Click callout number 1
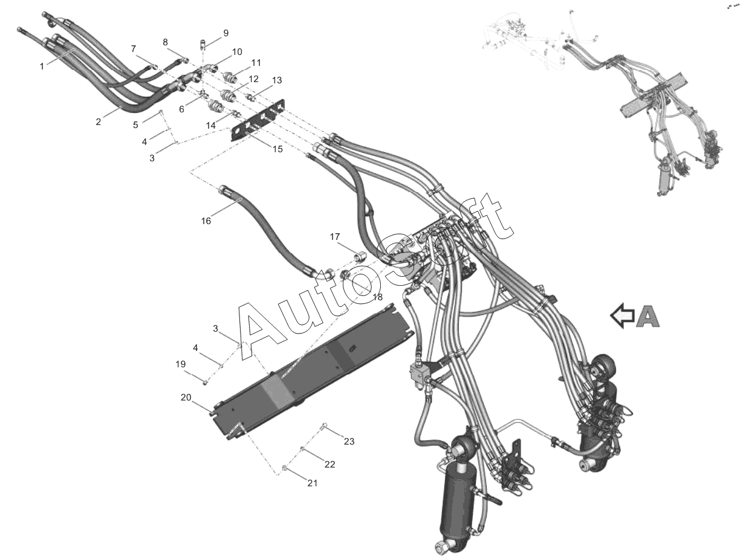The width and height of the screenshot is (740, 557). (x=42, y=66)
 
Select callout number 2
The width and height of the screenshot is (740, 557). (x=98, y=122)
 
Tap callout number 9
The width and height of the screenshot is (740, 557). (x=226, y=33)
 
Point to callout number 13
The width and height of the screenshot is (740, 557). (x=277, y=80)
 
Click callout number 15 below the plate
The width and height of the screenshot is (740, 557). (x=277, y=149)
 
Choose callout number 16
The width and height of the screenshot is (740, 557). (x=206, y=221)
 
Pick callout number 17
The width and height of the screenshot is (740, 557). (x=335, y=237)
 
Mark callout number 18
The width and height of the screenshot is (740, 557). (x=377, y=297)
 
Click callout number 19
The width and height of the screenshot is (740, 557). (x=180, y=364)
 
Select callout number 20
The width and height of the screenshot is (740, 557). (x=185, y=397)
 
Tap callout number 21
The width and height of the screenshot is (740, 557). (x=312, y=483)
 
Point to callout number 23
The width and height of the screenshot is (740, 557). (x=349, y=441)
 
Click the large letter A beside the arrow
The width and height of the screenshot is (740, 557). (x=647, y=316)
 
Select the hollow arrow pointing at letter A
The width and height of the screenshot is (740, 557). (x=622, y=316)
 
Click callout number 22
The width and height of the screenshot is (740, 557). (x=329, y=464)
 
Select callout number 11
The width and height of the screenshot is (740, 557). (x=256, y=62)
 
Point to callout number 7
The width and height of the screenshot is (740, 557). (x=134, y=48)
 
